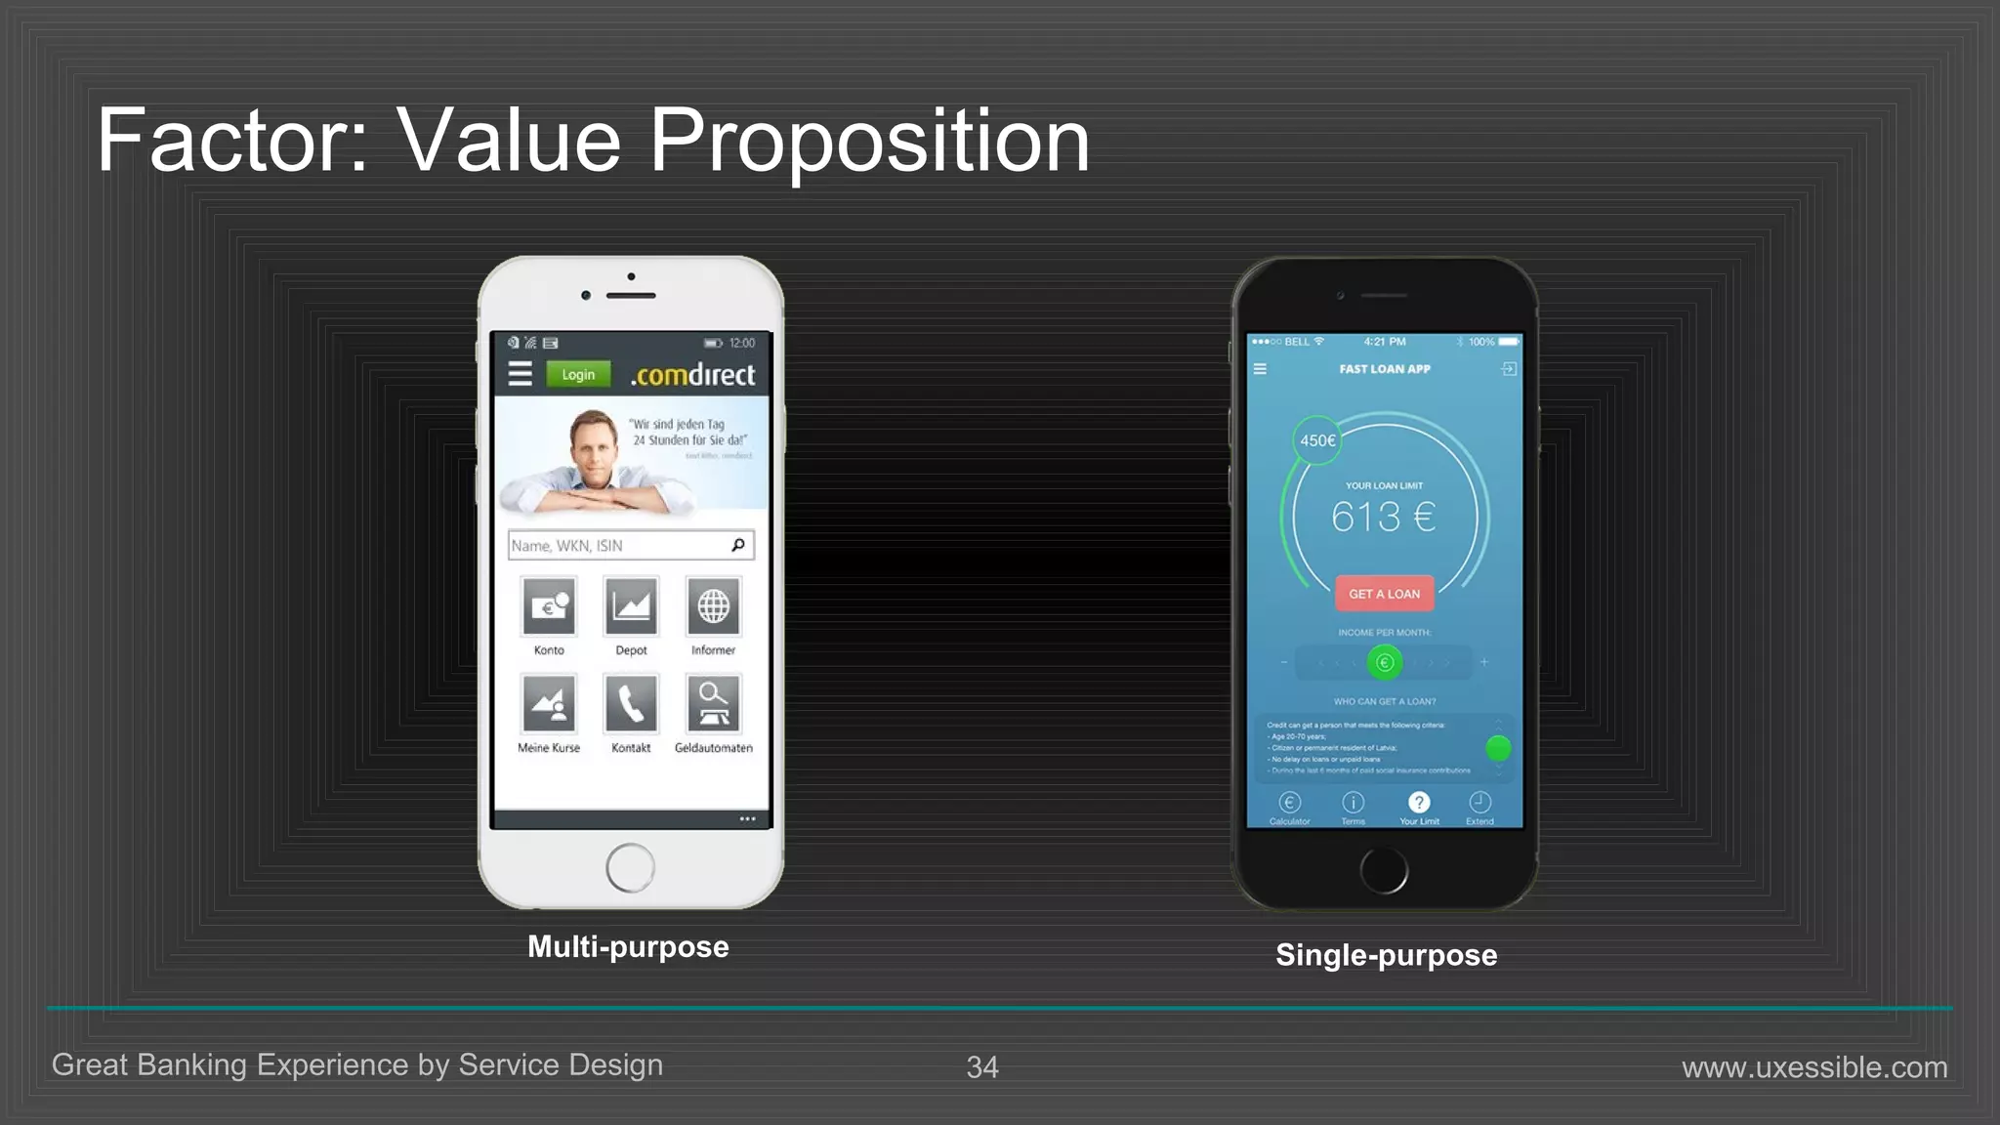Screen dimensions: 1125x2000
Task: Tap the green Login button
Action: tap(578, 374)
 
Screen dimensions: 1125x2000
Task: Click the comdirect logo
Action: tap(693, 375)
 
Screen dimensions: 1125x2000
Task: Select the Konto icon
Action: tap(549, 606)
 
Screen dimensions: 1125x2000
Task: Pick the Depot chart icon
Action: tap(631, 606)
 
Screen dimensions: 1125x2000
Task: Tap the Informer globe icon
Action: tap(713, 606)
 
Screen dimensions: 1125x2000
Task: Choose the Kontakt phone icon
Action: tap(631, 704)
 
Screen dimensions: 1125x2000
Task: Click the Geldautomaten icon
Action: tap(713, 704)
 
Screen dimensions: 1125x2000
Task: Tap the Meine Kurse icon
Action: tap(549, 704)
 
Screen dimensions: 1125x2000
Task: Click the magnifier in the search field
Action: tap(738, 545)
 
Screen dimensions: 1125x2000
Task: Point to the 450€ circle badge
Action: tap(1316, 440)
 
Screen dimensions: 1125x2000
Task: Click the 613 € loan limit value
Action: tap(1384, 517)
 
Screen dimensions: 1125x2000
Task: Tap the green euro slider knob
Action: tap(1384, 663)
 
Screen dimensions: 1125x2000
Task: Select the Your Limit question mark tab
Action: tap(1419, 803)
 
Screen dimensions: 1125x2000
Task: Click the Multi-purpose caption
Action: tap(628, 946)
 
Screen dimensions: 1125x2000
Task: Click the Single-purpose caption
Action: tap(1386, 954)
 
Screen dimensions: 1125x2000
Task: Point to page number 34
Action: tap(982, 1066)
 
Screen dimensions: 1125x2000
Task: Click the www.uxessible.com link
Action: tap(1814, 1067)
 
